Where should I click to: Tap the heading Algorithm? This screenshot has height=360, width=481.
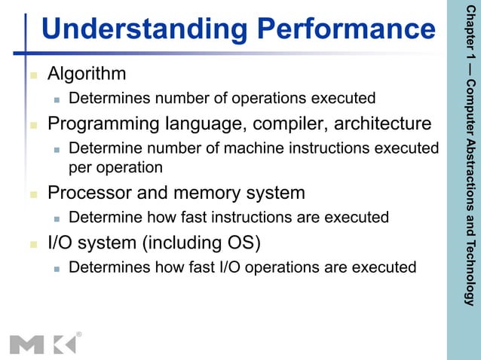[x=87, y=74]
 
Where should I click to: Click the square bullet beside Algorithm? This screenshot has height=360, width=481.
[x=32, y=75]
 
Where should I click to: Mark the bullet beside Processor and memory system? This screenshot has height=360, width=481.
[x=32, y=194]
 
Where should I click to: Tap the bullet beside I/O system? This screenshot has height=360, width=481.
[x=32, y=244]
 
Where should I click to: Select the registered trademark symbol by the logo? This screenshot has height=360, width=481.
[x=79, y=333]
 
